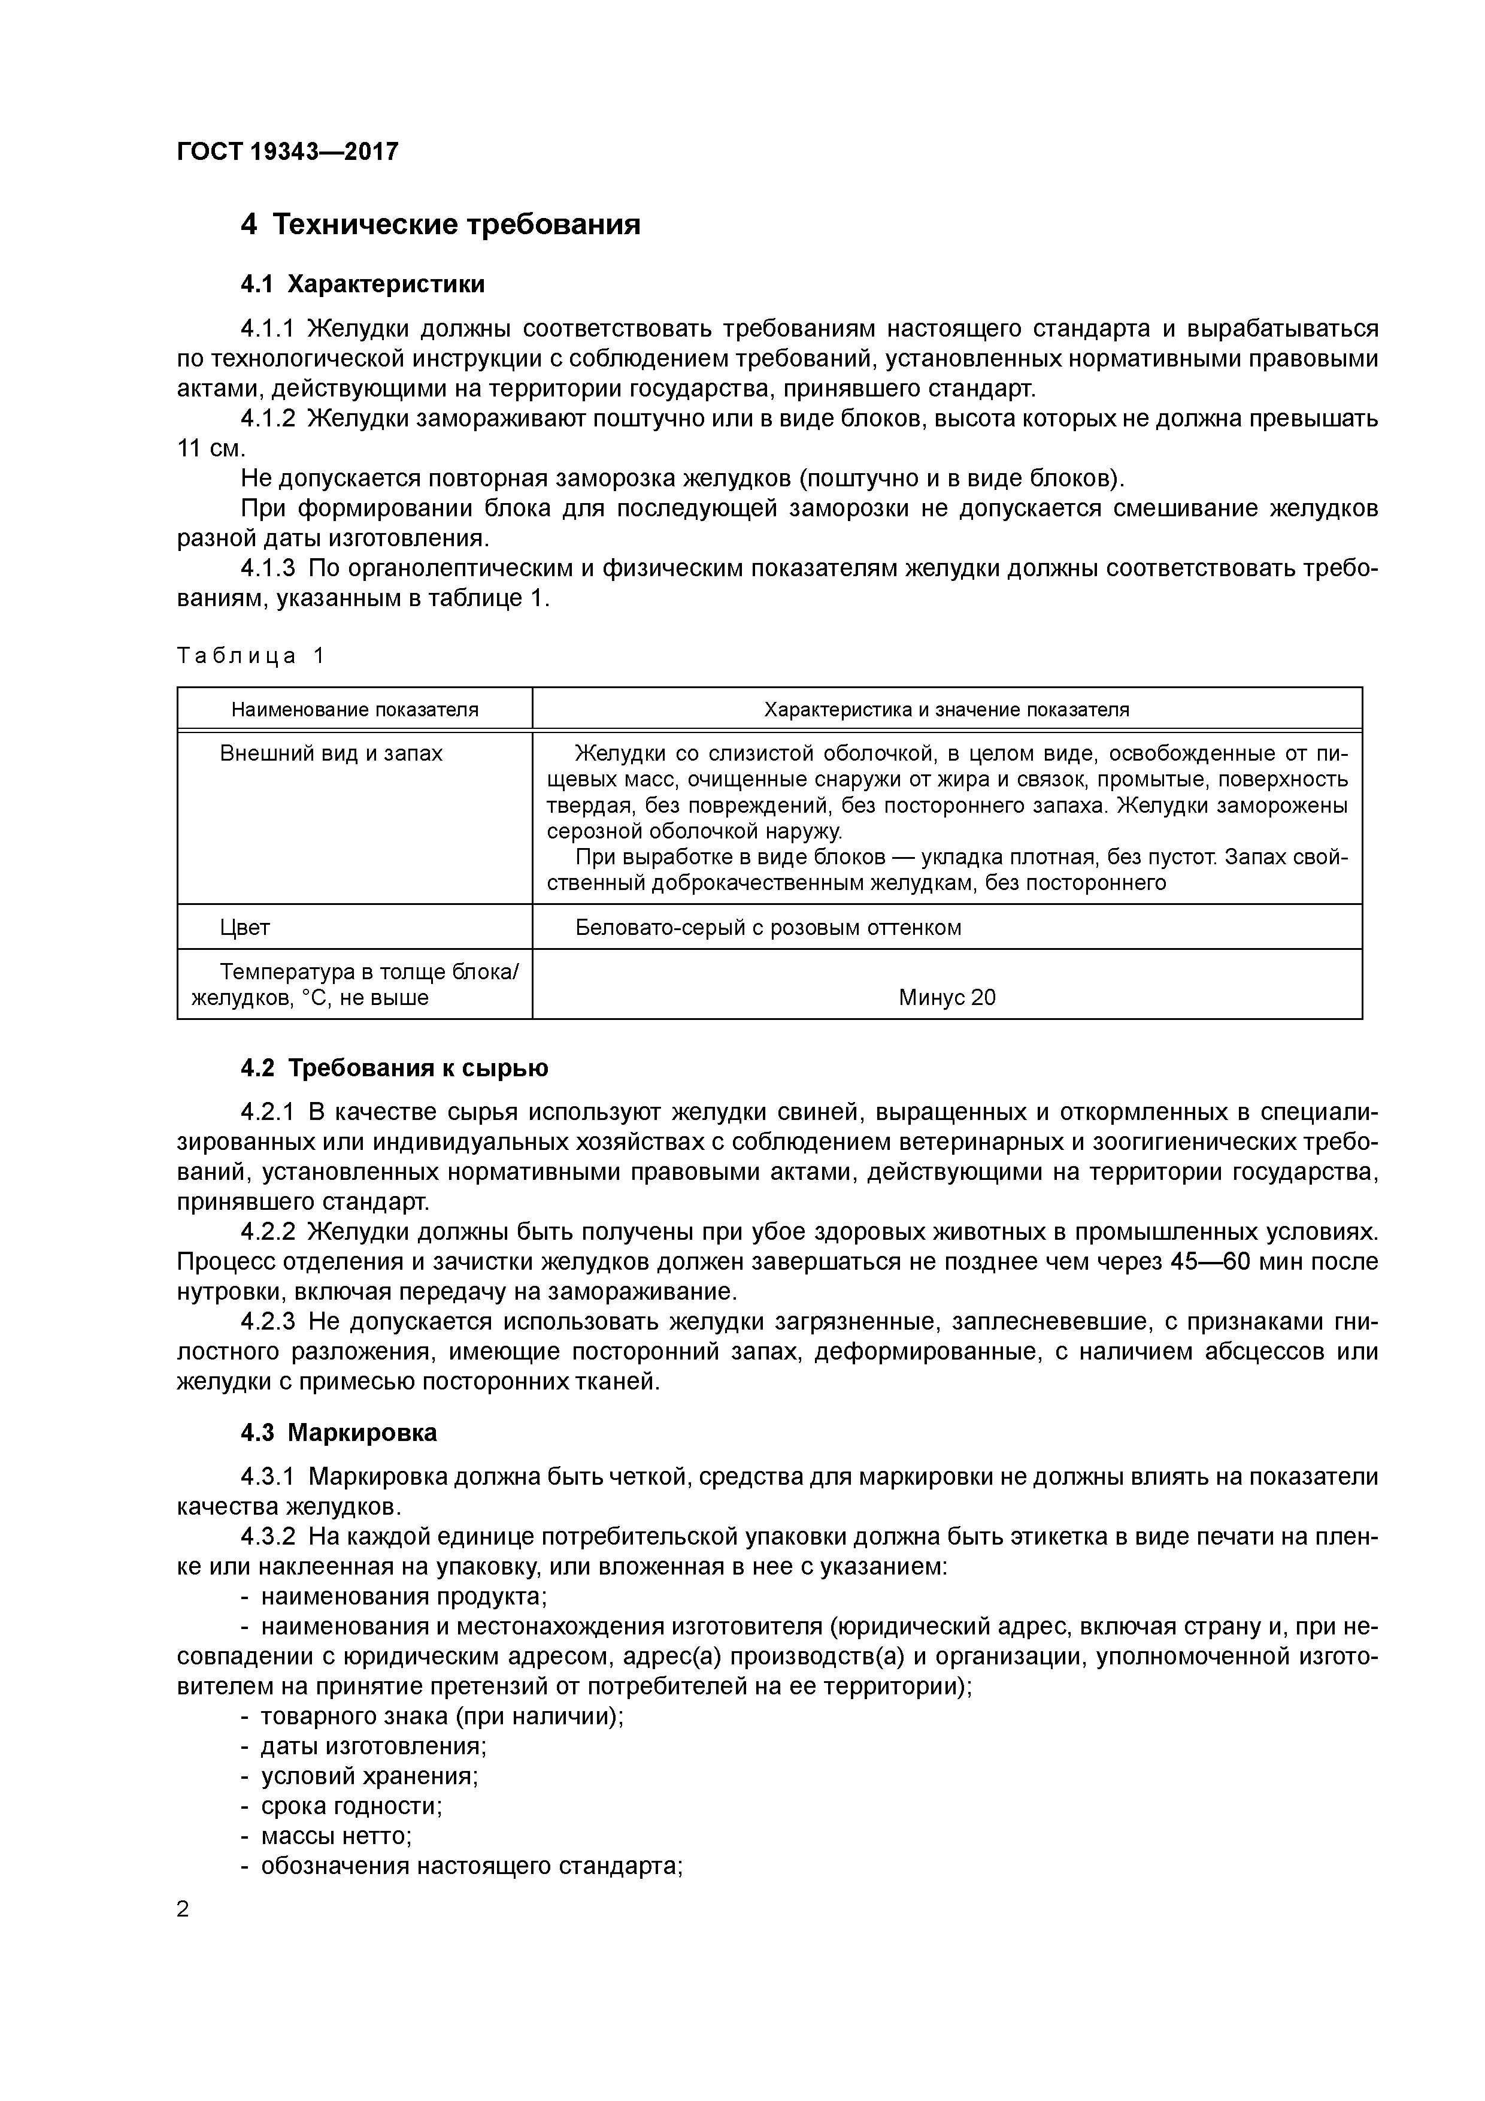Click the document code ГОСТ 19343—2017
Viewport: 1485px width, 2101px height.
(x=287, y=151)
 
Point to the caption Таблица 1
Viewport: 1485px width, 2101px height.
(x=251, y=656)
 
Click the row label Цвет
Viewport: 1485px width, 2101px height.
(x=246, y=927)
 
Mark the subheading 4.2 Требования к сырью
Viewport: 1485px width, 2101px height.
(x=395, y=1068)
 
